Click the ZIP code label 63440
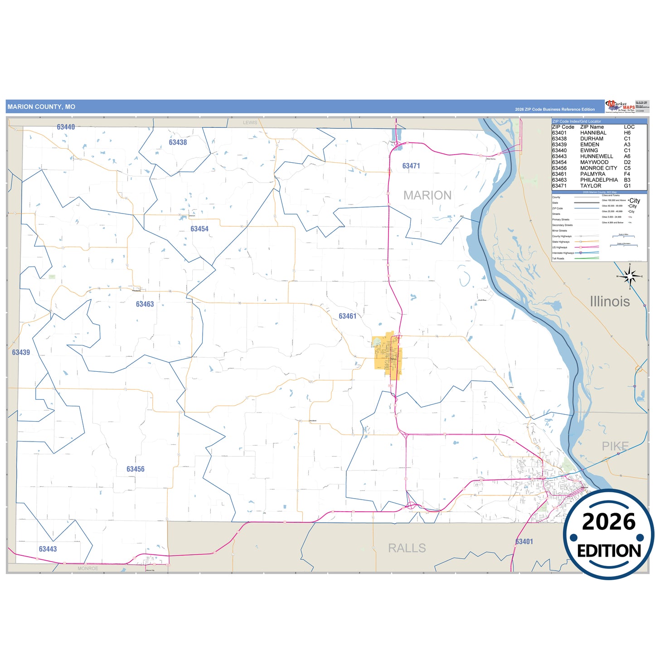tap(66, 127)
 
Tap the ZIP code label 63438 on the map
tap(178, 142)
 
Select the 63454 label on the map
tap(199, 229)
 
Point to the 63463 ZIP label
tap(145, 304)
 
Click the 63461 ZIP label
tap(348, 316)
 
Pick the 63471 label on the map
tap(411, 166)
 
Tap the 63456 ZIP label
tap(136, 469)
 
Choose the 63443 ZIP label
tap(48, 549)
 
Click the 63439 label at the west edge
tap(21, 352)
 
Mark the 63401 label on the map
tap(524, 542)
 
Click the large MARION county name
tap(427, 195)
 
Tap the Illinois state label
tap(610, 301)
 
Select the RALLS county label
tap(407, 548)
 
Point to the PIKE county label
tap(615, 446)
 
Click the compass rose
tap(630, 276)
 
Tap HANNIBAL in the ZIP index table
tap(593, 133)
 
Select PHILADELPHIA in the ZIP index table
tap(599, 180)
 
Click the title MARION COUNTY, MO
tap(41, 107)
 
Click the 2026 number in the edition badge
tap(609, 522)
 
